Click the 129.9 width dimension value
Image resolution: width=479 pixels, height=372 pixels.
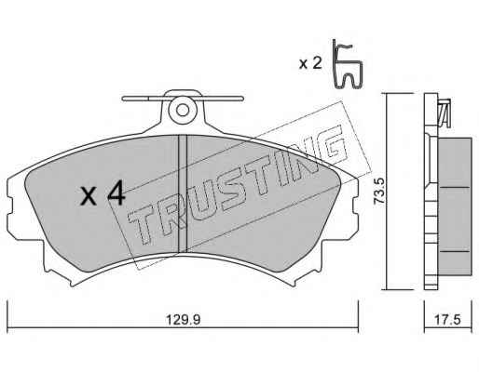point(183,319)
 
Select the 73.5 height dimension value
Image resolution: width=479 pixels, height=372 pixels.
point(379,191)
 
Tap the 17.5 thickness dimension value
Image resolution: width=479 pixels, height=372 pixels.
point(447,319)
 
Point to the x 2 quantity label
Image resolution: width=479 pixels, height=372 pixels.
point(310,63)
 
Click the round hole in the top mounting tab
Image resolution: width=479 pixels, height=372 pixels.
point(183,110)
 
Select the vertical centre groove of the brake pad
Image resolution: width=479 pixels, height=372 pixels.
point(183,193)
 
